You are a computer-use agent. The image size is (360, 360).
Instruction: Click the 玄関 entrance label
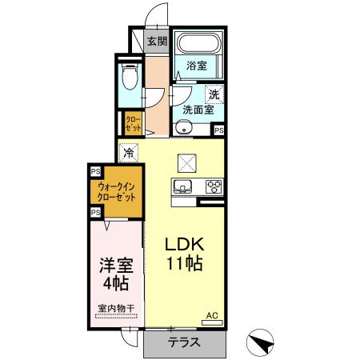click(x=156, y=42)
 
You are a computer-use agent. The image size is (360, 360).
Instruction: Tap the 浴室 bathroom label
click(x=196, y=66)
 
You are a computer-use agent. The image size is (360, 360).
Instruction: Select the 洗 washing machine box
click(x=213, y=94)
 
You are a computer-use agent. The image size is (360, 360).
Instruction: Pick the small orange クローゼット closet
click(x=132, y=123)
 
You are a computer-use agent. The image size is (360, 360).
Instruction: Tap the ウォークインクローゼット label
click(x=117, y=191)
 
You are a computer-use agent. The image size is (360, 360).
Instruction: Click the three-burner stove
click(x=214, y=186)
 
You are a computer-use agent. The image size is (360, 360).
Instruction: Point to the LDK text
click(x=185, y=245)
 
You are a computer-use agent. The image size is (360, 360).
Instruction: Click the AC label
click(x=212, y=315)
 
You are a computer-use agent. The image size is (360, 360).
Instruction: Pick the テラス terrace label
click(x=184, y=342)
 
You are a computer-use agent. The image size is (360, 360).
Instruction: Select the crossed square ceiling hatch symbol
click(x=187, y=163)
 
